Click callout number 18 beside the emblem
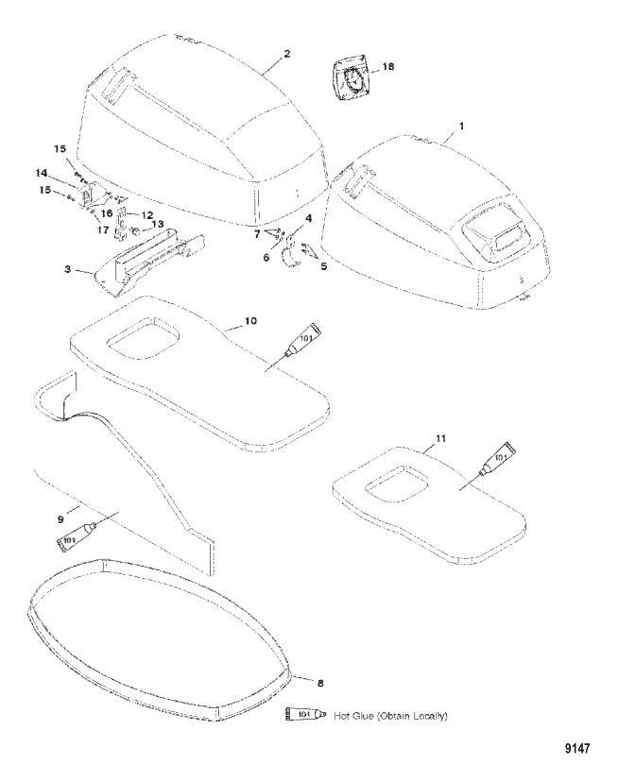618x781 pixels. coord(387,66)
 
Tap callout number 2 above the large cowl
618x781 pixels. coord(286,53)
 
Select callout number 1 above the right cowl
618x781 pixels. coord(461,127)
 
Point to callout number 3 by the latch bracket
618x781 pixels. coord(68,269)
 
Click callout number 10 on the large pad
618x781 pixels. coord(250,321)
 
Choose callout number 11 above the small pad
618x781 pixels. coord(440,438)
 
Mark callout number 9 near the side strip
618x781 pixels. coord(60,519)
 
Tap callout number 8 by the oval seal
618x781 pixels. coord(320,684)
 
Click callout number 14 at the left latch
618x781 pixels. coord(41,173)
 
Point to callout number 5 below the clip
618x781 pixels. coord(324,266)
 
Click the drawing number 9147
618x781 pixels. coord(577,748)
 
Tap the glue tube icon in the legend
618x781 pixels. coord(305,715)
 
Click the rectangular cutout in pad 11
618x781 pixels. coord(396,480)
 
